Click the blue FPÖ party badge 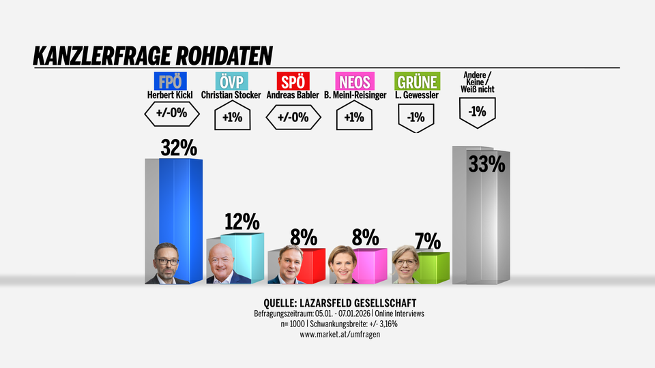[x=171, y=82]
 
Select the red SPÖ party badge [x=293, y=82]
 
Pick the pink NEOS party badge [x=353, y=82]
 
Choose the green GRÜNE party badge [x=416, y=82]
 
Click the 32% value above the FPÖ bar [x=178, y=148]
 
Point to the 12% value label [x=242, y=221]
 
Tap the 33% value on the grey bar [x=486, y=164]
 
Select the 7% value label [x=428, y=241]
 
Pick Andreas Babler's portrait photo [x=286, y=265]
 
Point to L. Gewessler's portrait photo [x=406, y=265]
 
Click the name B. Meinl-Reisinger [x=355, y=95]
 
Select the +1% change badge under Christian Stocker [x=232, y=117]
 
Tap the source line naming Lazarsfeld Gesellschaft [x=339, y=303]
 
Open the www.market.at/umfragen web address [x=338, y=334]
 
